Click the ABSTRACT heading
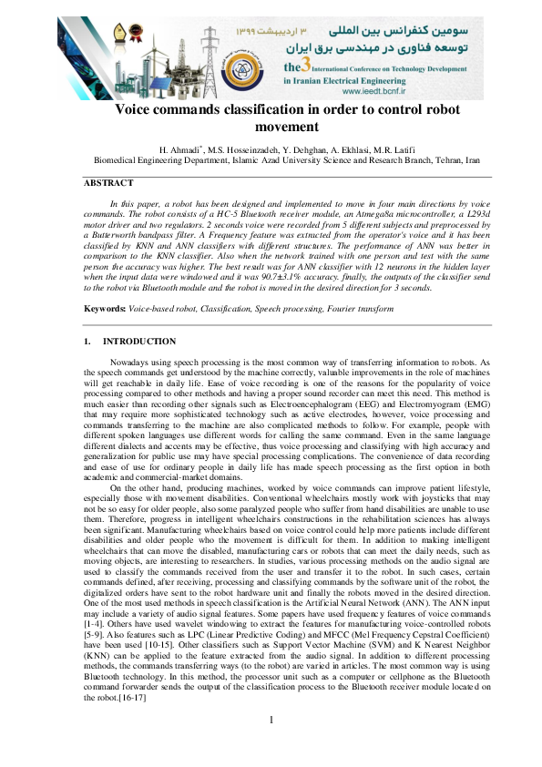tap(107, 182)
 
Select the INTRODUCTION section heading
tap(139, 342)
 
